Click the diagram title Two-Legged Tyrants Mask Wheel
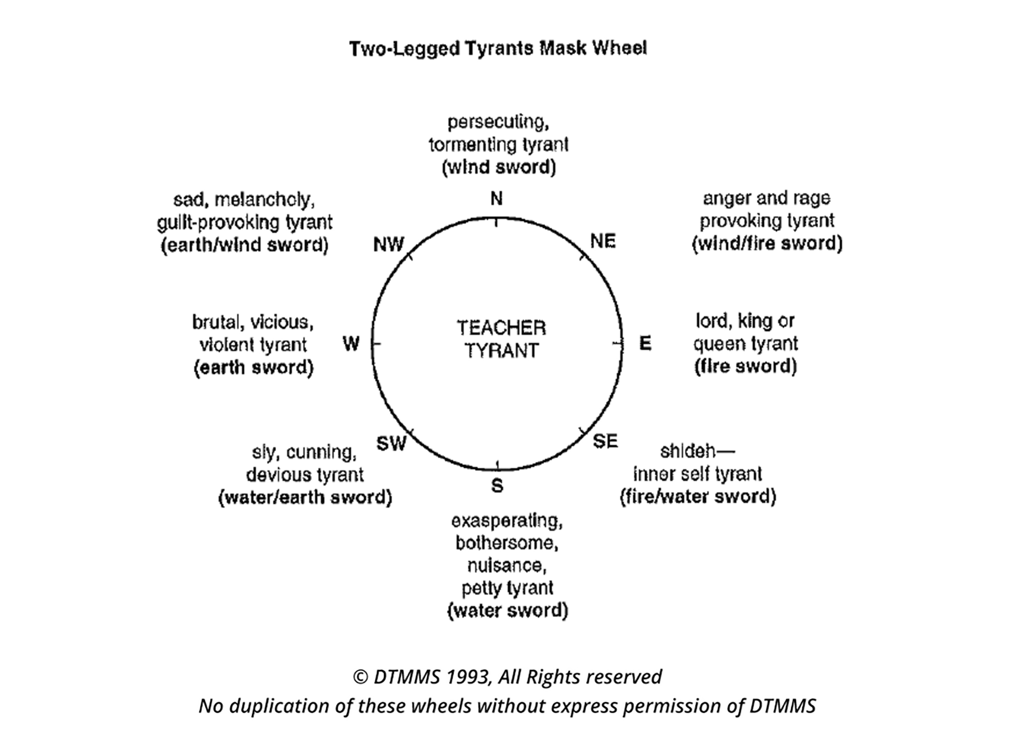(x=498, y=48)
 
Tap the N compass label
(x=496, y=198)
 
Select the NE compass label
(x=603, y=241)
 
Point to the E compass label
(x=645, y=343)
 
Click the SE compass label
(x=605, y=441)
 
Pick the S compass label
(x=497, y=485)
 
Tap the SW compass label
(x=391, y=443)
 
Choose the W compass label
(x=351, y=344)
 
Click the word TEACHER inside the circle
(x=501, y=328)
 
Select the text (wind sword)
(x=498, y=167)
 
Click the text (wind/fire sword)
(x=767, y=243)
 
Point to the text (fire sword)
(x=745, y=366)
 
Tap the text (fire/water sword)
(x=698, y=496)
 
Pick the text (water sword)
(x=508, y=610)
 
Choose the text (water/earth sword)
(x=305, y=497)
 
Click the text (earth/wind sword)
(x=244, y=245)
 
